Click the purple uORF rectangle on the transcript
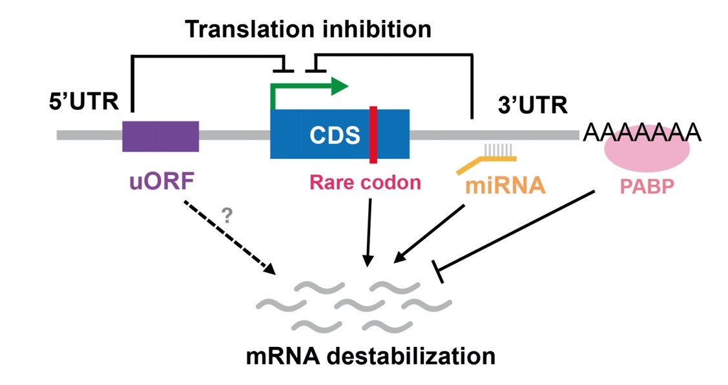[160, 136]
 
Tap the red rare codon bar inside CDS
[373, 134]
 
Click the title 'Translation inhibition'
[308, 29]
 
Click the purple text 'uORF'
[160, 183]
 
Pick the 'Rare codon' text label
[366, 183]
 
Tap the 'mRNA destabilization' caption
[370, 355]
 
